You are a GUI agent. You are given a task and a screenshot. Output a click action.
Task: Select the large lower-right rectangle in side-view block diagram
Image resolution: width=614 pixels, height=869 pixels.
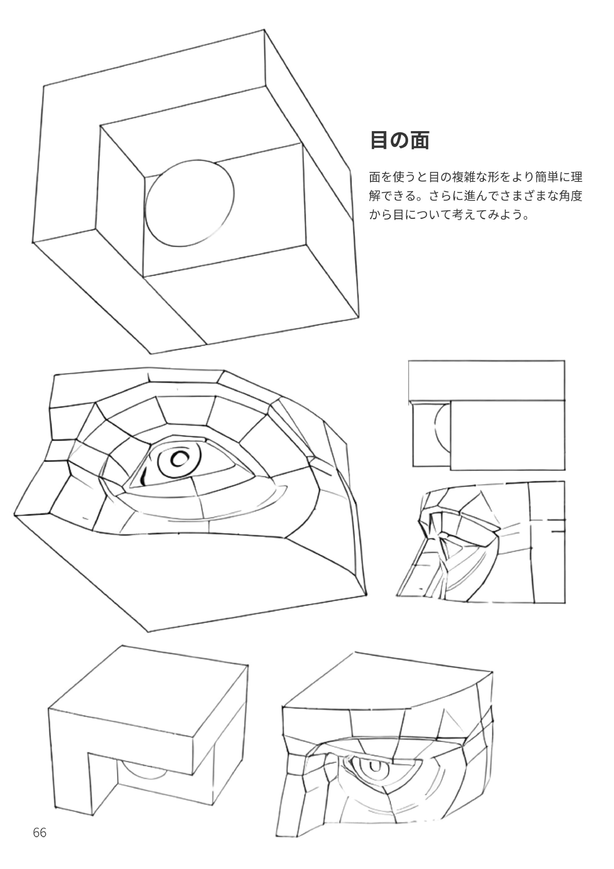click(x=507, y=435)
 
